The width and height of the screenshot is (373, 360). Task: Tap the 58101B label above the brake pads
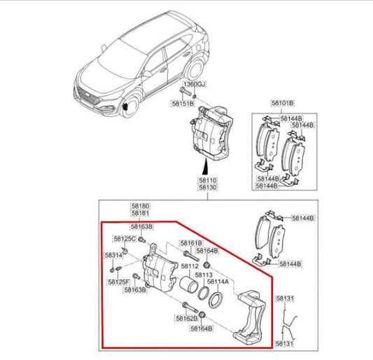click(283, 103)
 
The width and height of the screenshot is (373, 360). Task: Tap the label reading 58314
click(113, 256)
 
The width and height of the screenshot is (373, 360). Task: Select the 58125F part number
click(118, 282)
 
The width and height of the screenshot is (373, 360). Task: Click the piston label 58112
click(190, 266)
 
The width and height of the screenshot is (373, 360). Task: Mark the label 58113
click(204, 275)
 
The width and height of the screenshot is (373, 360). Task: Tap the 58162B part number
click(187, 318)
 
